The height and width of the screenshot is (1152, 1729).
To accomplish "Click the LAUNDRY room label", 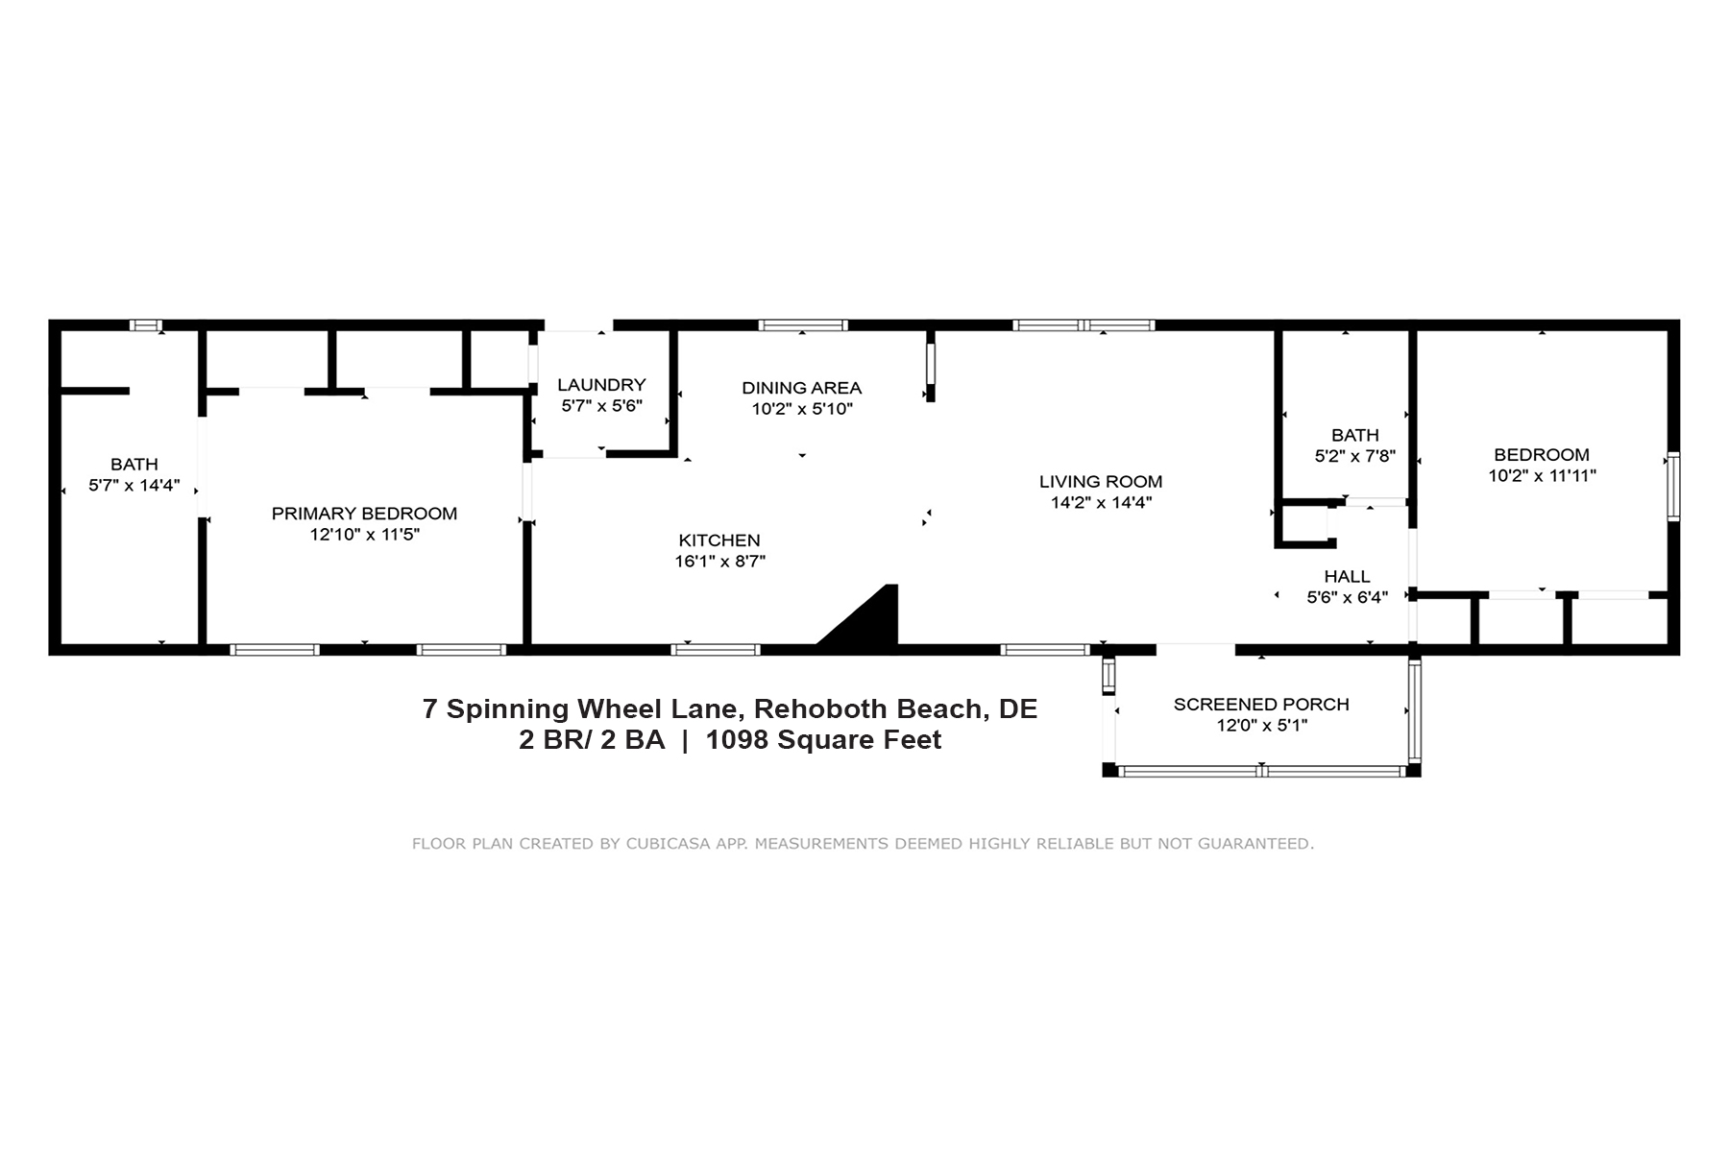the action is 601,385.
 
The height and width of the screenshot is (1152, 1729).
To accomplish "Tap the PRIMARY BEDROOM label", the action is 364,514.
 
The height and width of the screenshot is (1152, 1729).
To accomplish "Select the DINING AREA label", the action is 801,388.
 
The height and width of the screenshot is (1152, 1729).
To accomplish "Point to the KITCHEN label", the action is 719,540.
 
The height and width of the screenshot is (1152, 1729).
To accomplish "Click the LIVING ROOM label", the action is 1101,482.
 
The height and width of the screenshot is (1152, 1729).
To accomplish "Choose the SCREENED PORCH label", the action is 1261,705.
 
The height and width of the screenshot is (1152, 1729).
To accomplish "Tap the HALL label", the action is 1347,577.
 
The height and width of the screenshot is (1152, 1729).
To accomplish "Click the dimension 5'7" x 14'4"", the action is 134,486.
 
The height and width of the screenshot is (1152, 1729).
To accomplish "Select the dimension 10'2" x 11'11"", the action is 1542,475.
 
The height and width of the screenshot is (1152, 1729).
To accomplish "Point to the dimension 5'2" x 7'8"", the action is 1354,457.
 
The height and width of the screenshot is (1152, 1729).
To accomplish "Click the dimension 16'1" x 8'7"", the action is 719,562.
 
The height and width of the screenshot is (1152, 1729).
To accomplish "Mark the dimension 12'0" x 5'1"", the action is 1261,726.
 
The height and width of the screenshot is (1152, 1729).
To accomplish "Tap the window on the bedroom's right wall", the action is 1673,486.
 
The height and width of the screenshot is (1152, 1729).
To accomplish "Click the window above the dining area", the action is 803,325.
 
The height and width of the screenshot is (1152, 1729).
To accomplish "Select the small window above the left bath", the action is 146,325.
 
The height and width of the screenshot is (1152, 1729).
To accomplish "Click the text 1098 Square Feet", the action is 823,740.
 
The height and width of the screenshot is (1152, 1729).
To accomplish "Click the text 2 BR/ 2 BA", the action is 592,740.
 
